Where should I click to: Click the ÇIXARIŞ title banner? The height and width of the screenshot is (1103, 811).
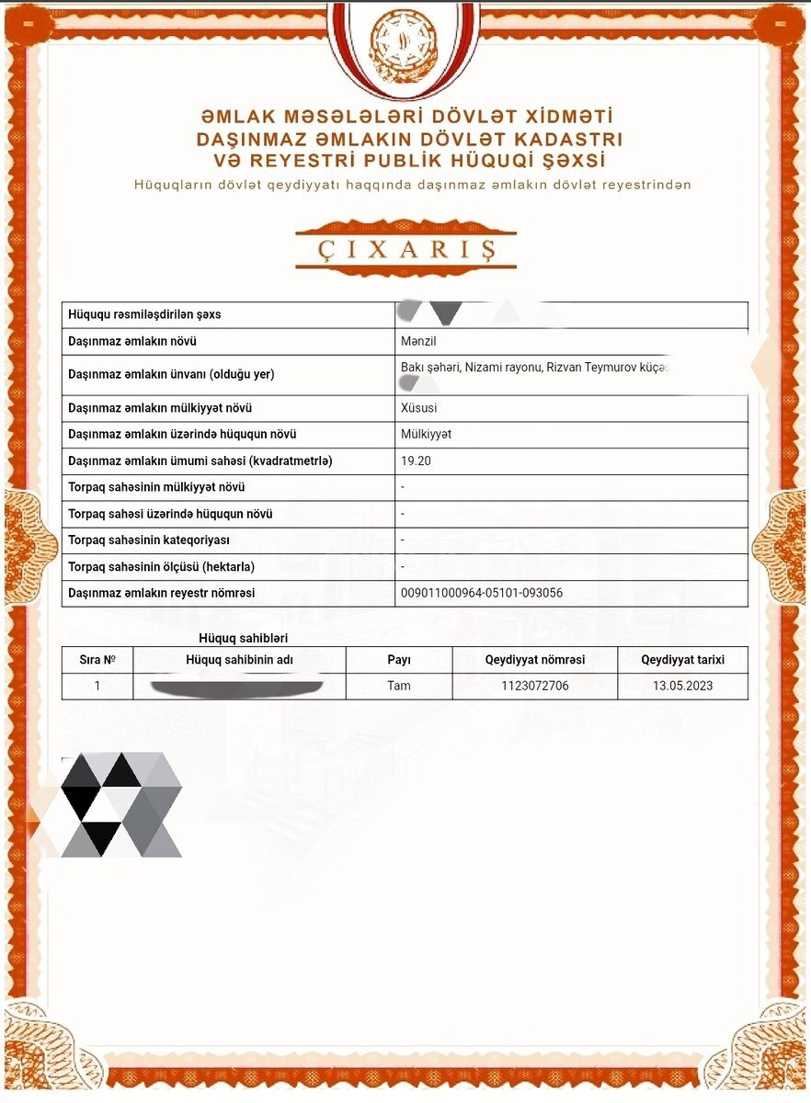405,249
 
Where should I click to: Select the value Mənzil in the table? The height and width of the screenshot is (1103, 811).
419,341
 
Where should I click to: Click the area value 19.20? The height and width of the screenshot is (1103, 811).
417,461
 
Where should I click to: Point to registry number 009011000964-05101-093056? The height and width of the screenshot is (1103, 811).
482,593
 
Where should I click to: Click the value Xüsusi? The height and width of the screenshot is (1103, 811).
419,407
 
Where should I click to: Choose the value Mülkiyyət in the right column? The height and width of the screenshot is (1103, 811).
427,434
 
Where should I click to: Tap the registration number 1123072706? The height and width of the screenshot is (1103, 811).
534,686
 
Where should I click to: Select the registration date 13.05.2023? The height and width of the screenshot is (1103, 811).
682,686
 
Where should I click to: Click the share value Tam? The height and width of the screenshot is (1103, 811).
399,686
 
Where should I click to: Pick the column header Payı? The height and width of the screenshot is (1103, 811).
399,659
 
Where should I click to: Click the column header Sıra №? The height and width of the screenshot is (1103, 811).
97,659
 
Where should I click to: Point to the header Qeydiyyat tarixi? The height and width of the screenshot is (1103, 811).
682,659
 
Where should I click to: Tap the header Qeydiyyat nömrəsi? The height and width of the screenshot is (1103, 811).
534,659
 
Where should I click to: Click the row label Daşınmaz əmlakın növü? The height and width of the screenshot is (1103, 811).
133,341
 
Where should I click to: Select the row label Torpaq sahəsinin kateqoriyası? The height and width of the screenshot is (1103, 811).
149,540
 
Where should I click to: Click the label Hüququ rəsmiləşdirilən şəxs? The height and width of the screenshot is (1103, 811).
144,314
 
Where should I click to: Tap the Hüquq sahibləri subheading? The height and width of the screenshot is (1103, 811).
244,638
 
